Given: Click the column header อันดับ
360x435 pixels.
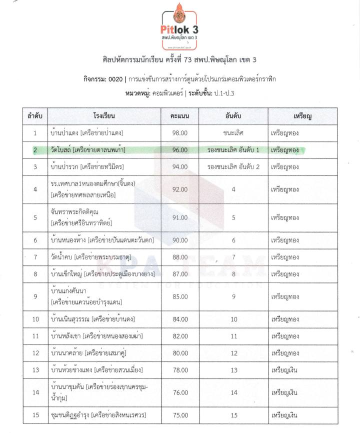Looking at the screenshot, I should tap(233, 116).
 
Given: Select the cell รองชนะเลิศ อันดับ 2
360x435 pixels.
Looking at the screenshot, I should tap(233, 166).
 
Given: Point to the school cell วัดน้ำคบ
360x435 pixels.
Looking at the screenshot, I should tap(62, 257).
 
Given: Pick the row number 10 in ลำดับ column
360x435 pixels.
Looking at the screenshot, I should tap(35, 319).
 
